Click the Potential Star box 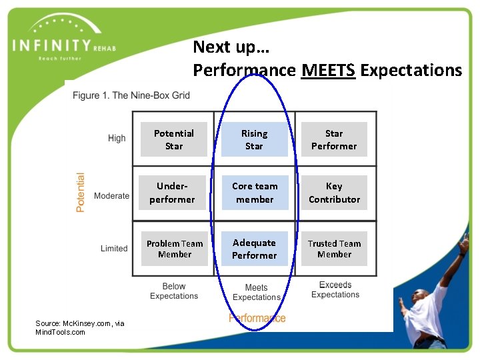tap(174, 139)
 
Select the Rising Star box tap(254, 139)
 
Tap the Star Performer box tap(334, 139)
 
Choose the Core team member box tap(255, 193)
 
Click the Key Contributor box tap(334, 193)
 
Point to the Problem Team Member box tap(175, 249)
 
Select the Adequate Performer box tap(254, 249)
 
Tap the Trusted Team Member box tap(334, 249)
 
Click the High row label tap(117, 138)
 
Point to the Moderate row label tap(111, 196)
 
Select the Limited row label tap(114, 249)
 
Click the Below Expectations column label tap(174, 291)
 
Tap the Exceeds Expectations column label tap(335, 290)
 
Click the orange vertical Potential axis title tap(81, 193)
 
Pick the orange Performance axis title tap(257, 318)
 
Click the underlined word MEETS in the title tap(328, 70)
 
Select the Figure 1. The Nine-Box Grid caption tap(131, 95)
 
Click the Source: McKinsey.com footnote tap(79, 327)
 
